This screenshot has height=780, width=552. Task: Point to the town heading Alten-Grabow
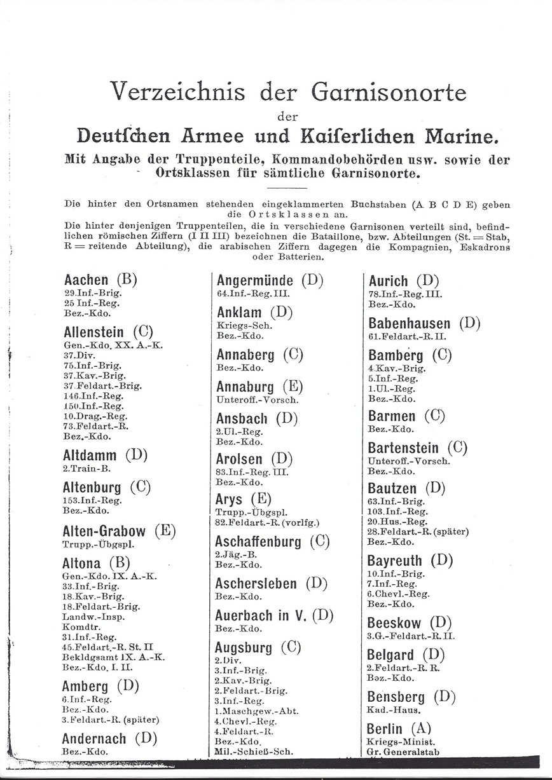(105, 531)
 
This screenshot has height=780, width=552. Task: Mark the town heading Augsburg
(244, 647)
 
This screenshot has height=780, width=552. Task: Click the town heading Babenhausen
(410, 322)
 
